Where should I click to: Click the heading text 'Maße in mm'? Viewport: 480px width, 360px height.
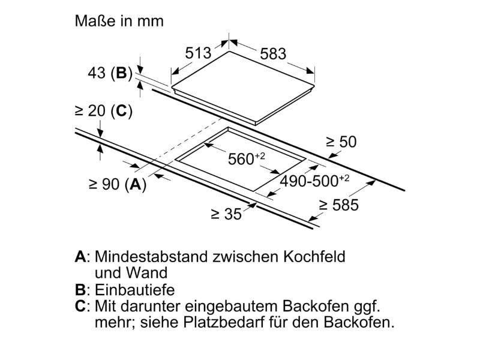click(x=119, y=21)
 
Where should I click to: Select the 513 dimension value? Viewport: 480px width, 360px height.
click(x=198, y=53)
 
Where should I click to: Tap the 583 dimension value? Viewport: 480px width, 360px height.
click(x=273, y=54)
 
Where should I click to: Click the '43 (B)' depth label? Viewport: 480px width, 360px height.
click(x=110, y=73)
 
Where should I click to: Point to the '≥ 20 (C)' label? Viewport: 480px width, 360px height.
click(x=103, y=111)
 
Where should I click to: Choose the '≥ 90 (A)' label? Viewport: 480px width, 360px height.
click(x=118, y=184)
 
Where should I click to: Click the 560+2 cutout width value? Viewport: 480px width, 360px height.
click(x=247, y=158)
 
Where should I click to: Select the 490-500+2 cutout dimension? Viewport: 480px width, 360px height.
click(x=314, y=181)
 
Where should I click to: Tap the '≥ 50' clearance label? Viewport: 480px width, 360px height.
click(x=341, y=142)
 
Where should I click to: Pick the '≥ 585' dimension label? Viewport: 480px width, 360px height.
click(x=338, y=205)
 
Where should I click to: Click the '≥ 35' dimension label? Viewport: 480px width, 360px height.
click(x=226, y=214)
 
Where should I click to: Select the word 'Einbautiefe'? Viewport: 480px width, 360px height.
click(x=134, y=290)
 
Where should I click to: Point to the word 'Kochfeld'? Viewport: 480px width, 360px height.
click(x=314, y=257)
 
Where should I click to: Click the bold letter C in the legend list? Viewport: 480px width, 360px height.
click(x=80, y=306)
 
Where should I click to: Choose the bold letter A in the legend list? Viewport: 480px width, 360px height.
click(x=80, y=257)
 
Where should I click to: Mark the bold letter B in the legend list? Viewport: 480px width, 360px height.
click(x=80, y=290)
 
